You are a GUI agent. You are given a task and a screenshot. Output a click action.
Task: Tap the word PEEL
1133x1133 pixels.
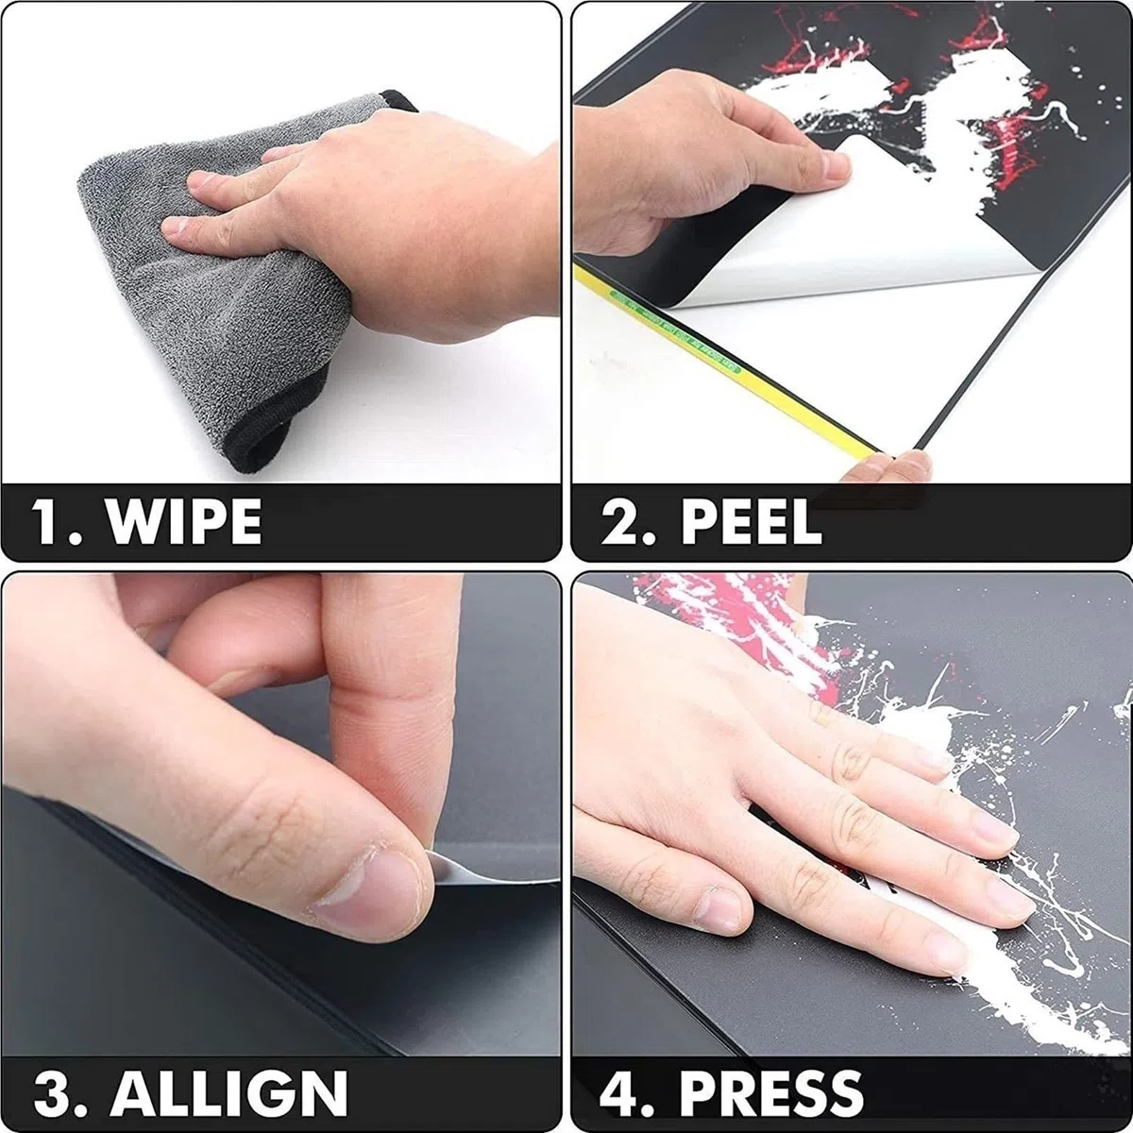[752, 522]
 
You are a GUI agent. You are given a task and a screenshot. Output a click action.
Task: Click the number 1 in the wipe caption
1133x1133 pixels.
[47, 521]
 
